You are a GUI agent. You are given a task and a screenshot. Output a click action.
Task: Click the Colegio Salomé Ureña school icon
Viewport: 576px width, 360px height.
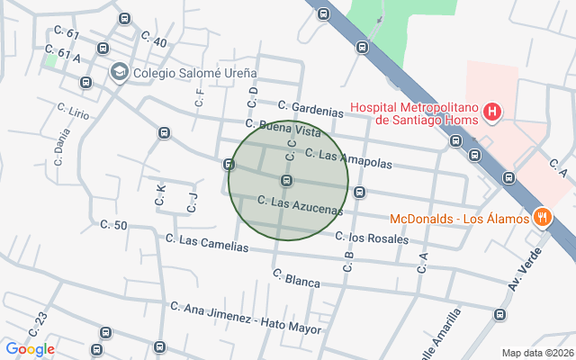119,71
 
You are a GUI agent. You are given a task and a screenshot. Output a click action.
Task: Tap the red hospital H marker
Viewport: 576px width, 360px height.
492,112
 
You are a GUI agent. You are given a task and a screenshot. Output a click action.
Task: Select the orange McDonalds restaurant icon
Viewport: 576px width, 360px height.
542,216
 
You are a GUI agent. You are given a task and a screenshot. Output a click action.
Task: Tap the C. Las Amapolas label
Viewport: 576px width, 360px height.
348,158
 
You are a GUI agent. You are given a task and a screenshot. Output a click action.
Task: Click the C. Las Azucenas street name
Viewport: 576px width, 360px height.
300,206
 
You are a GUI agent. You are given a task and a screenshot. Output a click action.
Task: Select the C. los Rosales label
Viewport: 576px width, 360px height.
372,238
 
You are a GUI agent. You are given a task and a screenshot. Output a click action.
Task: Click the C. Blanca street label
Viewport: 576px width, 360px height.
296,278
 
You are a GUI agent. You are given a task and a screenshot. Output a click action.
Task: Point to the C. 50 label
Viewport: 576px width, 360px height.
113,225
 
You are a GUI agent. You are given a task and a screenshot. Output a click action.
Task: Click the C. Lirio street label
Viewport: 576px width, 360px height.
73,112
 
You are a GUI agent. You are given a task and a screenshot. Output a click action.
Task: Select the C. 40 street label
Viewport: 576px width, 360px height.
154,40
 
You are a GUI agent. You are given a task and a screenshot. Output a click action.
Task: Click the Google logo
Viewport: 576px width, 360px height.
30,349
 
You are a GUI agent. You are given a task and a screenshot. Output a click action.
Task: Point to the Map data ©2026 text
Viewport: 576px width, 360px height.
536,352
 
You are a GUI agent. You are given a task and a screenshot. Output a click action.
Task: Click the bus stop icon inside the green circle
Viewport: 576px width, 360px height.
286,181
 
